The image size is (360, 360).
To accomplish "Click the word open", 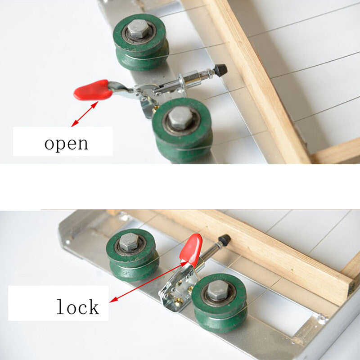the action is [x=66, y=144].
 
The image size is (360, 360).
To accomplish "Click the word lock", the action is [x=77, y=306].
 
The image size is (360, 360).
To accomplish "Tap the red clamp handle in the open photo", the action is [x=93, y=90].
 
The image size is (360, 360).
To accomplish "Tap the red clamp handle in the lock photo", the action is [x=191, y=251].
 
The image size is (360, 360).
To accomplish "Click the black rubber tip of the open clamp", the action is [x=220, y=70].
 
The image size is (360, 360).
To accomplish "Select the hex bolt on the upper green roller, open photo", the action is [x=139, y=29].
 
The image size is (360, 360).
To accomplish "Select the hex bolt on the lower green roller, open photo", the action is [x=181, y=117].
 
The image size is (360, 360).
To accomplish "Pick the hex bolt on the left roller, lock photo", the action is [x=129, y=242].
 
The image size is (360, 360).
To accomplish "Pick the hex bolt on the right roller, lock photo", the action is [x=218, y=290].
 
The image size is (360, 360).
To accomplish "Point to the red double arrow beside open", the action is [x=85, y=114].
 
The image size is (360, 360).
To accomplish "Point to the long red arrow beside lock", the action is [x=148, y=282].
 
